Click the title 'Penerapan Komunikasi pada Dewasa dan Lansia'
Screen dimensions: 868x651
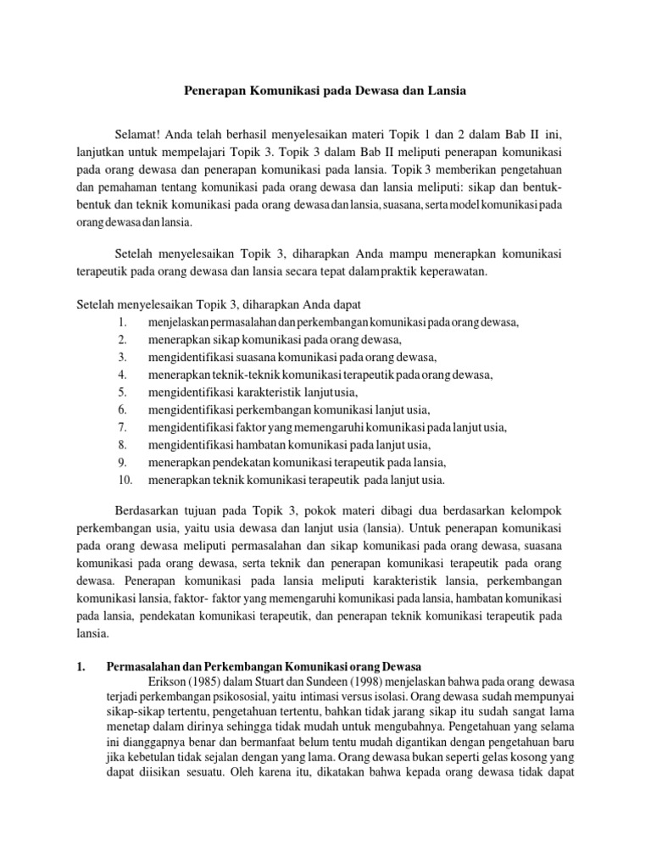(x=325, y=88)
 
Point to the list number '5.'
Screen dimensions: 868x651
(x=122, y=392)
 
